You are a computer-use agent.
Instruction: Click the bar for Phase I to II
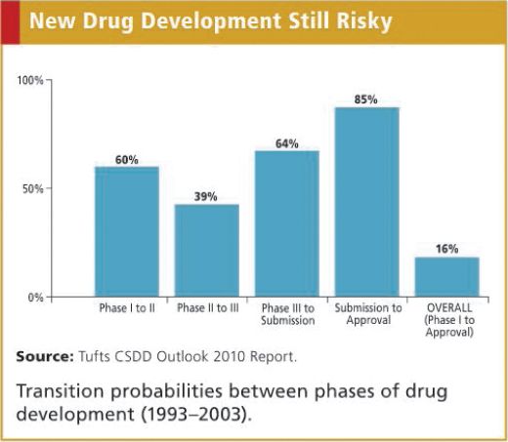(126, 231)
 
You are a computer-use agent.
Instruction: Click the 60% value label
(126, 159)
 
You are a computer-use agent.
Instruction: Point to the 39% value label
(206, 196)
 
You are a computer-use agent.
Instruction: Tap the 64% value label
(287, 143)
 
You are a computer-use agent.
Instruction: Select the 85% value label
(367, 100)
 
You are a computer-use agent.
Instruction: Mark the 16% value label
(447, 249)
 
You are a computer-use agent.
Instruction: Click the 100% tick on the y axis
(31, 80)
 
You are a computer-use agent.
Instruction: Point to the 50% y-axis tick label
(34, 188)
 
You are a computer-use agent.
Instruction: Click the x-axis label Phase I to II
(126, 308)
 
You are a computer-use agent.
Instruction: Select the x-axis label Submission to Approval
(367, 314)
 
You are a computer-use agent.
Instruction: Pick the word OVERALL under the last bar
(447, 308)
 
